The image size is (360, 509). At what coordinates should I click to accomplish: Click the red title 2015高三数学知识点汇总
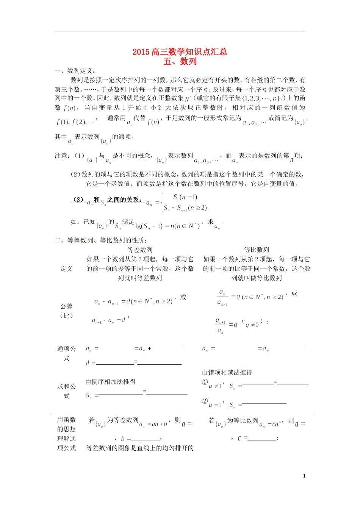coord(180,52)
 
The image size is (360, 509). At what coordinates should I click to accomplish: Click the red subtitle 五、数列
coord(180,61)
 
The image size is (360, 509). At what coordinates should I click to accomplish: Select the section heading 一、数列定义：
coord(75,71)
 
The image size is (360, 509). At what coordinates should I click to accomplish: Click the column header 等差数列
coord(140,250)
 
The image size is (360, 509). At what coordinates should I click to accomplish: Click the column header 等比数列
coord(256,250)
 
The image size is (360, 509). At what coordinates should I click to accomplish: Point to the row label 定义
coord(66,269)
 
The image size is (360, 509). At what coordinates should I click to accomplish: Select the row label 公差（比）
coord(66,311)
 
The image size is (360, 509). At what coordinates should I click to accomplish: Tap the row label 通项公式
coord(66,353)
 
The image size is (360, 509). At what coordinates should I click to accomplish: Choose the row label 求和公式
coord(66,391)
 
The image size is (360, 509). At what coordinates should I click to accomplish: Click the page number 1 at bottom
coord(304,476)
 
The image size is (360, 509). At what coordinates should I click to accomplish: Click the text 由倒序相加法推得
coord(110,382)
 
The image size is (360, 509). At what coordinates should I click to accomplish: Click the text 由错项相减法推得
coord(227,372)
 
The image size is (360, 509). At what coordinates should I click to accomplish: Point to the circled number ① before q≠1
coord(205,382)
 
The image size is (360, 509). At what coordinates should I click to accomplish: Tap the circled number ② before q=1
coord(205,401)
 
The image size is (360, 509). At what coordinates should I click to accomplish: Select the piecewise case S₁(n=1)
coord(185,197)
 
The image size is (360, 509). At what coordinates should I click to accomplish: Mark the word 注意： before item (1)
coord(62,156)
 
